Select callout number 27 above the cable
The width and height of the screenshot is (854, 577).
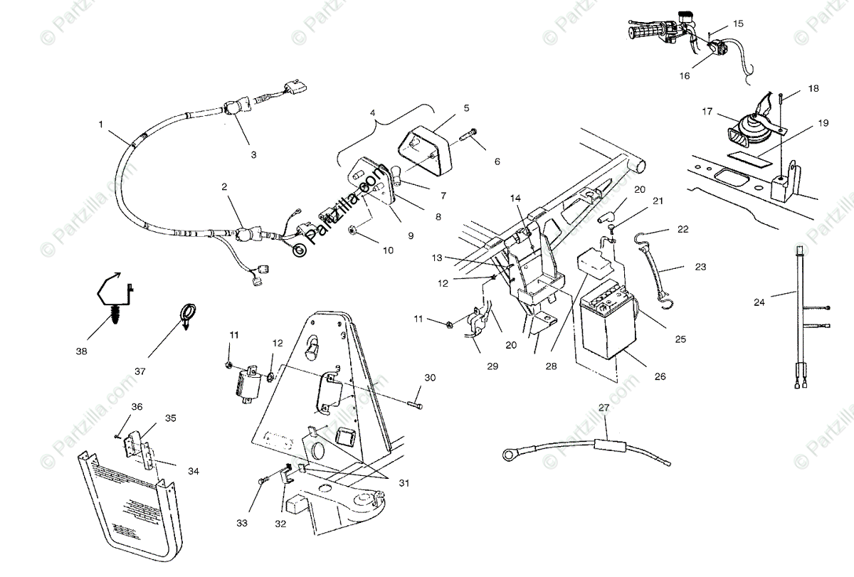604,408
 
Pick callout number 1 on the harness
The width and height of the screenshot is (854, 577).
101,124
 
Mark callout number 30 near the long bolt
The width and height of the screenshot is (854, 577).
429,377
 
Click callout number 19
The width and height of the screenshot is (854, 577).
823,123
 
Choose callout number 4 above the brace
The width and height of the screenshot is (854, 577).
372,112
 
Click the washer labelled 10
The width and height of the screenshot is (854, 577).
354,229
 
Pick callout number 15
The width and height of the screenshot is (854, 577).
738,23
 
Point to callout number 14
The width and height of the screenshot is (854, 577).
515,197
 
